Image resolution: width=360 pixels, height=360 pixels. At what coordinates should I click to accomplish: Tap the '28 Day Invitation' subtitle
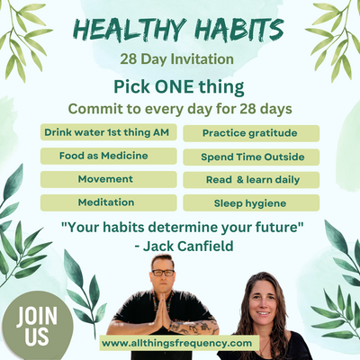[180, 60]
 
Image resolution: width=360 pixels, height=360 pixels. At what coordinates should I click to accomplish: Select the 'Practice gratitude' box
[251, 133]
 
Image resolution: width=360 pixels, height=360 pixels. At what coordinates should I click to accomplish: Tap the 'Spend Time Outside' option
[251, 157]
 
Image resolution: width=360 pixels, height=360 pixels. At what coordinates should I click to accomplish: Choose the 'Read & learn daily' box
[251, 179]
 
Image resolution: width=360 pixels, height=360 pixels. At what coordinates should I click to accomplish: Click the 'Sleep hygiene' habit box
[251, 202]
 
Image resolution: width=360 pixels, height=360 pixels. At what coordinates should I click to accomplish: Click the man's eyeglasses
[164, 273]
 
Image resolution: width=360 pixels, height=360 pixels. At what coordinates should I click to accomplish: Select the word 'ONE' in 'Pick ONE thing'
[179, 87]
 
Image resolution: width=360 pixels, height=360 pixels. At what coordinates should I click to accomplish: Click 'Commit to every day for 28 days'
[180, 109]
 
